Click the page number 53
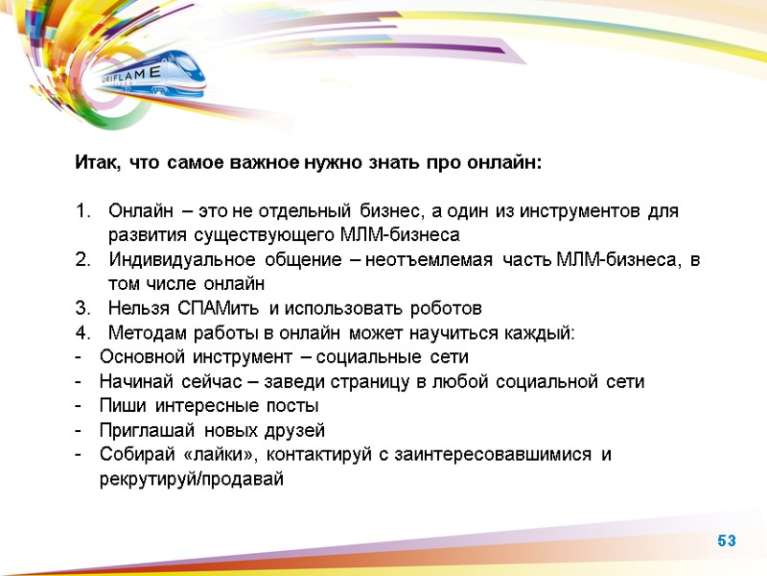[x=727, y=541]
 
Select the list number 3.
[x=82, y=308]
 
